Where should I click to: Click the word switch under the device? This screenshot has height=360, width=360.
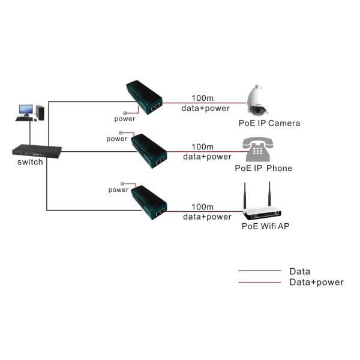[x=30, y=162]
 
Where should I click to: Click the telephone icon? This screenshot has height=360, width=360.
[x=258, y=149]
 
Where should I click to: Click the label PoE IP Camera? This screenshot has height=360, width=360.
[x=269, y=124]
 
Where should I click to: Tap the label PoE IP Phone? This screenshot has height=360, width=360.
[x=263, y=168]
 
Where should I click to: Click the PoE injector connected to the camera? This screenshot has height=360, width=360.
[x=145, y=98]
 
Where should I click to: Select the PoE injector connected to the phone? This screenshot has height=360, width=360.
[x=149, y=150]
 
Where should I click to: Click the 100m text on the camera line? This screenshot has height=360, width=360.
[x=202, y=98]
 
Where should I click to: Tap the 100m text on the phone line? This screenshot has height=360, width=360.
[x=202, y=147]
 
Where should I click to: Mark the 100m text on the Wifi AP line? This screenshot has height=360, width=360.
[x=202, y=207]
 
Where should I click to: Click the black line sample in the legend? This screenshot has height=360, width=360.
[x=259, y=271]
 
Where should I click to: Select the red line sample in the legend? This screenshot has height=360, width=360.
[x=259, y=282]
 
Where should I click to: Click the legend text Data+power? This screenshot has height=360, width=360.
[x=316, y=282]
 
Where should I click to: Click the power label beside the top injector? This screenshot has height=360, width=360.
[x=125, y=118]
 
